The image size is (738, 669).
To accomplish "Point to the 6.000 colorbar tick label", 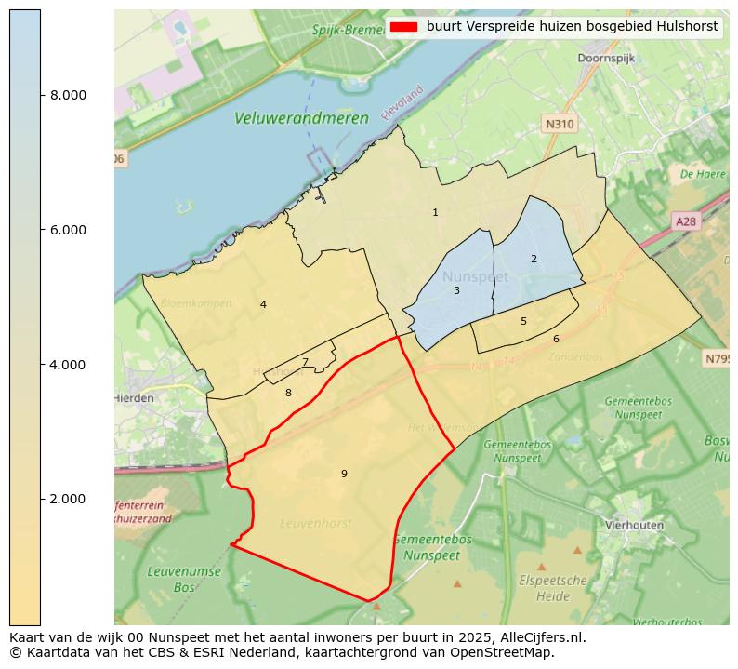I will coord(67,230).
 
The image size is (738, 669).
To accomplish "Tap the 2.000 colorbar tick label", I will coord(67,499).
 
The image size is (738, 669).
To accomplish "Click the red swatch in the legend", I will coord(404,27).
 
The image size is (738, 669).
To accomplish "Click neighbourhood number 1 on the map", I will coord(435,213).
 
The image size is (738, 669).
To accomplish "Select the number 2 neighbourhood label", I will coord(534,259).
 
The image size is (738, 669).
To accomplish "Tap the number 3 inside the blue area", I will coord(456,290).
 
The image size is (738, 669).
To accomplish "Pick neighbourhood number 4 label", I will coord(263,304).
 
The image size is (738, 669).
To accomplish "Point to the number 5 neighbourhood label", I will coord(523,321).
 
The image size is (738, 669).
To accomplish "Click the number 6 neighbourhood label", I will coord(556,339).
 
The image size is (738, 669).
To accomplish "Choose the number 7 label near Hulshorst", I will coord(305,363).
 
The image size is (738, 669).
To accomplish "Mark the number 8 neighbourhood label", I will coord(288,393).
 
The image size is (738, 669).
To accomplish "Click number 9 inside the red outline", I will coord(344,474).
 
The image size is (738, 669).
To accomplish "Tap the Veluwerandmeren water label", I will coord(301,118).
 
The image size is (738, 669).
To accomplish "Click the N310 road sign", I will coord(560,124).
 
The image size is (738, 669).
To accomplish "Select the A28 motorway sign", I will coord(685,221).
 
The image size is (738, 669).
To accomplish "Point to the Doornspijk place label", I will coord(605,58).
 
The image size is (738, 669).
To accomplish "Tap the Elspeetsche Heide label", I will coord(553,587).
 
